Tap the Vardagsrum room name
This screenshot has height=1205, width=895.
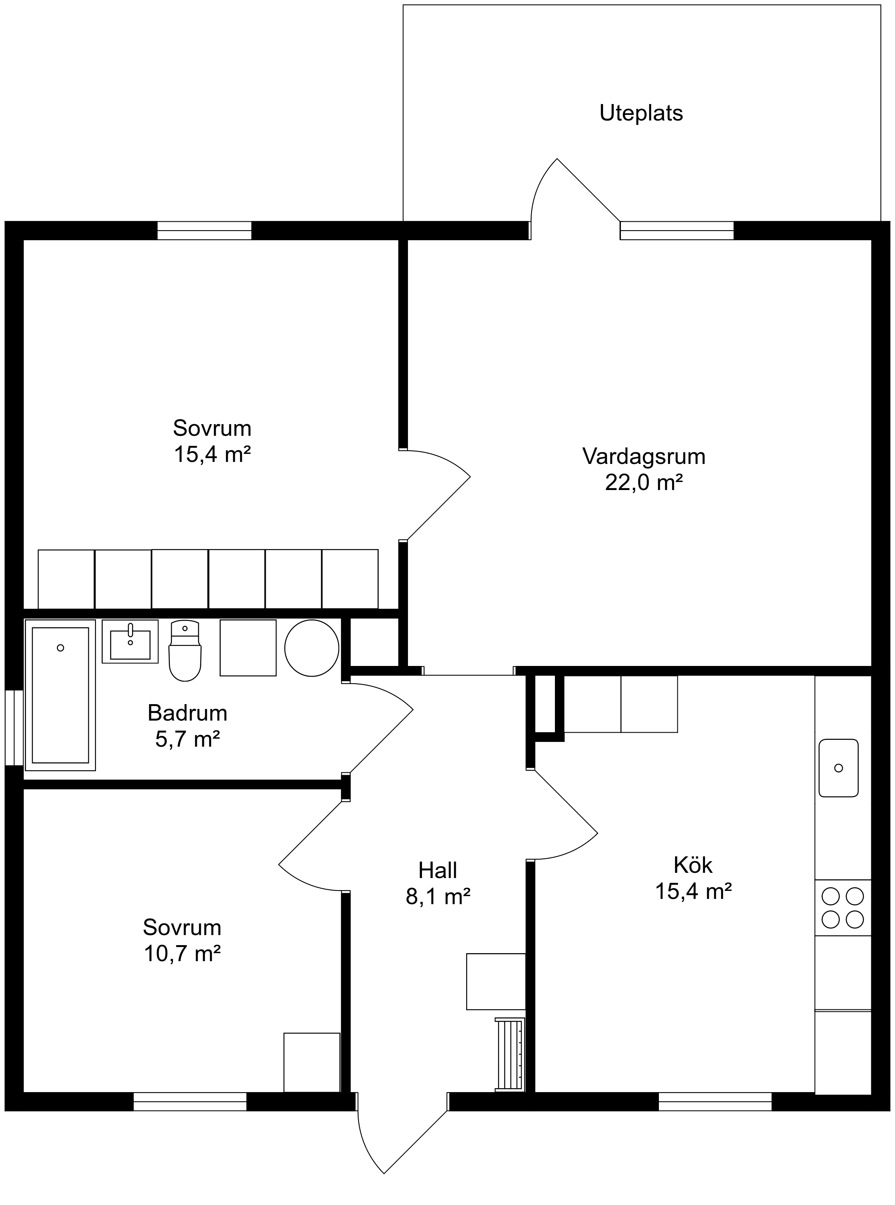click(644, 456)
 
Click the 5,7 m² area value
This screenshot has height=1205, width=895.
click(188, 739)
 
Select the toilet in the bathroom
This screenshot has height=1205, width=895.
click(185, 651)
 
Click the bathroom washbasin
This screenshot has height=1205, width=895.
click(130, 641)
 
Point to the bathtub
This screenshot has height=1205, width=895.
click(60, 695)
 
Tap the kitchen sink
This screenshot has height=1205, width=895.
click(839, 768)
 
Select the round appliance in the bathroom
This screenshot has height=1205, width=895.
click(312, 648)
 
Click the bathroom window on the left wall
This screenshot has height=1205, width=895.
click(14, 728)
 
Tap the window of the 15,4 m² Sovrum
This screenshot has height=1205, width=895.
click(204, 230)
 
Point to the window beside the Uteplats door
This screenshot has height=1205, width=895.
click(677, 230)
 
